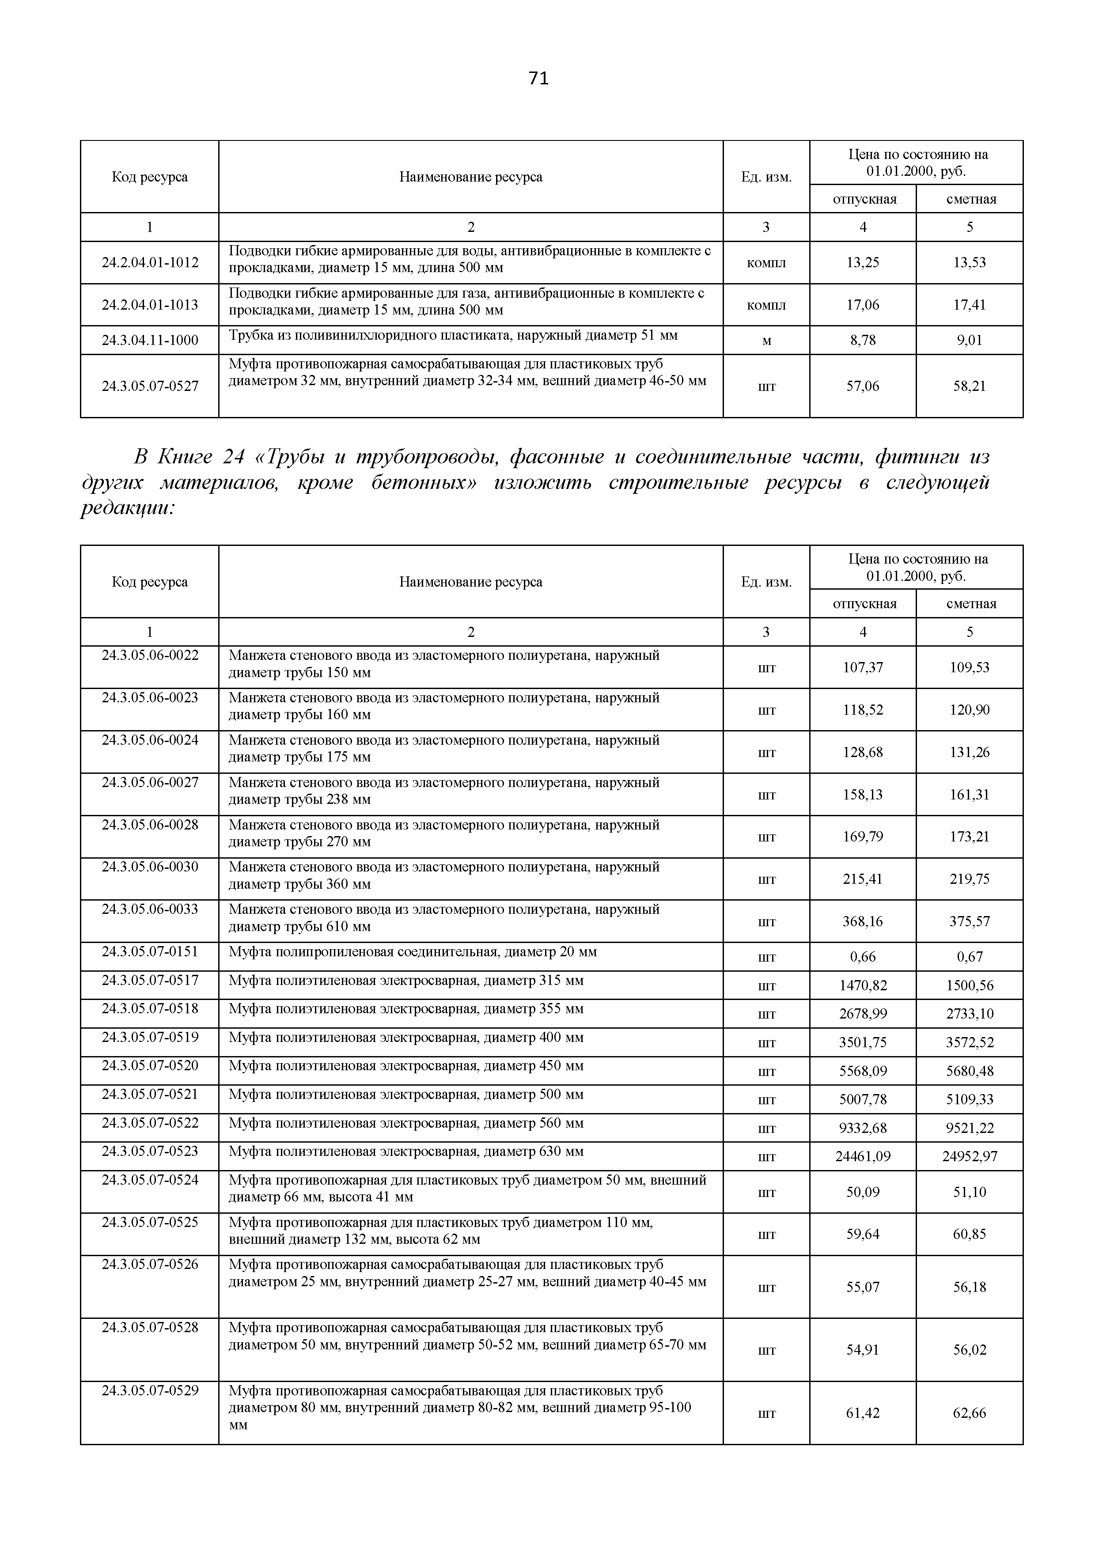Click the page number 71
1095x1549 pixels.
pyautogui.click(x=538, y=79)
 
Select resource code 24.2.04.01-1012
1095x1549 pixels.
pyautogui.click(x=150, y=262)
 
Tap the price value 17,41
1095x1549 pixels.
pyautogui.click(x=970, y=305)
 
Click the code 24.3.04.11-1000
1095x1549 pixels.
pyautogui.click(x=150, y=340)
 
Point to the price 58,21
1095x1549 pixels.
pyautogui.click(x=970, y=386)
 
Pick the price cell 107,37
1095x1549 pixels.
pyautogui.click(x=863, y=667)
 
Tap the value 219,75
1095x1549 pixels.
pyautogui.click(x=970, y=879)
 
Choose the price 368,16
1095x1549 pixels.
pyautogui.click(x=863, y=921)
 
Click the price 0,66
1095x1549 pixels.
pyautogui.click(x=863, y=957)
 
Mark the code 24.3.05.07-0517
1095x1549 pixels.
pyautogui.click(x=150, y=980)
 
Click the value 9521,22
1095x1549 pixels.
pyautogui.click(x=970, y=1128)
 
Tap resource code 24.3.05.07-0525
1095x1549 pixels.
pyautogui.click(x=150, y=1221)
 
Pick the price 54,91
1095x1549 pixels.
pyautogui.click(x=863, y=1350)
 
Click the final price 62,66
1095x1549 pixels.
pyautogui.click(x=970, y=1413)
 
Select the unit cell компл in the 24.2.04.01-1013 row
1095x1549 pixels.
pyautogui.click(x=766, y=305)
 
